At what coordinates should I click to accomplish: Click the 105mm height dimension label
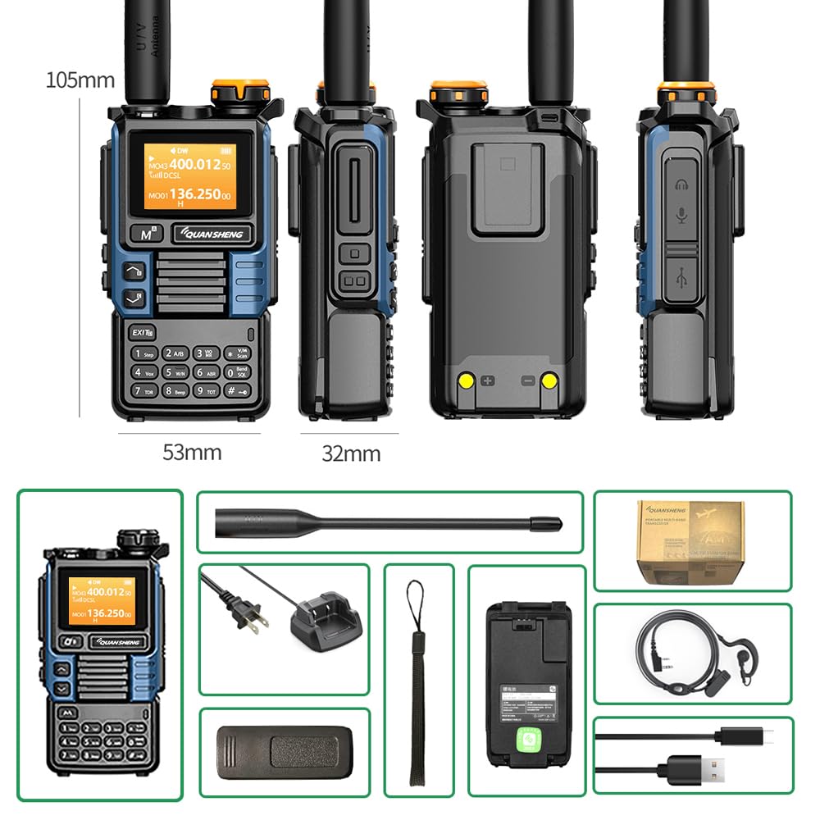pos(80,80)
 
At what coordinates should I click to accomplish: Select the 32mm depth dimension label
pos(350,453)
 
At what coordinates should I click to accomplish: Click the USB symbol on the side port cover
pos(681,278)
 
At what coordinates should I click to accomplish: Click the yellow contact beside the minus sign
pos(549,380)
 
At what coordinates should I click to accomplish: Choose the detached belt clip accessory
pos(284,752)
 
